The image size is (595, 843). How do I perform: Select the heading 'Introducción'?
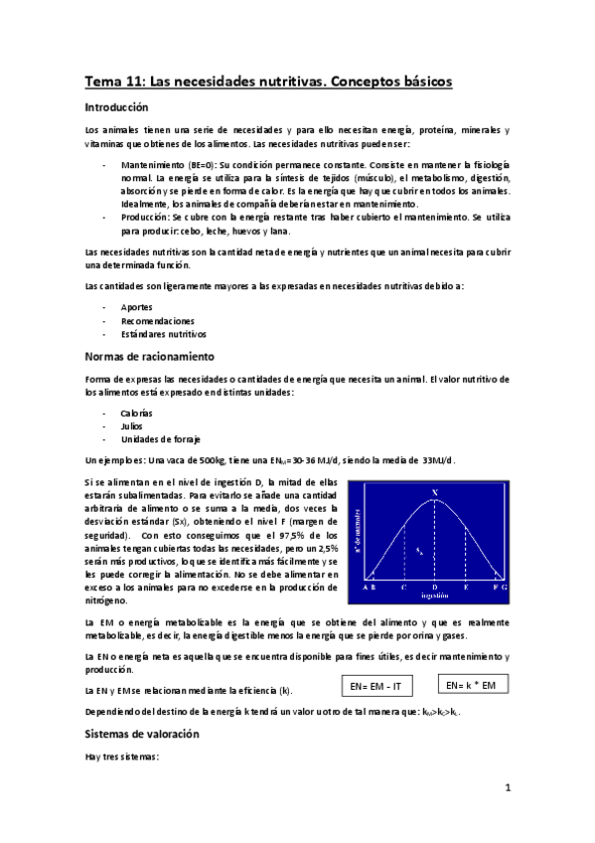(x=116, y=106)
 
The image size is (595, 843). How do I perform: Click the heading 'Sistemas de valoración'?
(x=142, y=734)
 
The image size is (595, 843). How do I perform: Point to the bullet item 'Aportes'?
(x=136, y=307)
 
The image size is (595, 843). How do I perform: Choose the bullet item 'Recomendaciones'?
(x=157, y=321)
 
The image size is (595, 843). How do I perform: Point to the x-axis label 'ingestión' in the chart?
(x=434, y=596)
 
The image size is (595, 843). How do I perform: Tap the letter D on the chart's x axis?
(x=434, y=588)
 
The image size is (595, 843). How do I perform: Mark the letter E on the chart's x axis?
(x=466, y=588)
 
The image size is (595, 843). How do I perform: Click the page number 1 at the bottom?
(x=507, y=790)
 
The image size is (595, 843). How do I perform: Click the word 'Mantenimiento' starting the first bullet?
(x=151, y=163)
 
